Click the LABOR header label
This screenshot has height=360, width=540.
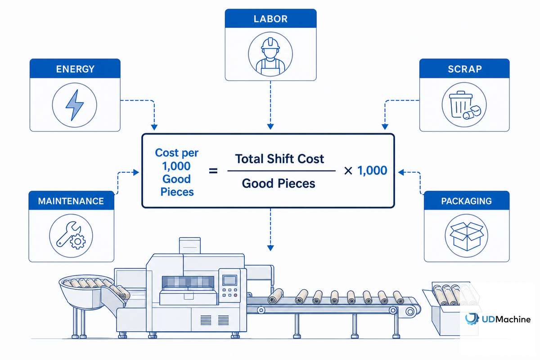point(270,19)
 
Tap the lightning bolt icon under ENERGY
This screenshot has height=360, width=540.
point(75,105)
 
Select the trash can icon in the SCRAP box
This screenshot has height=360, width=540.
point(461,104)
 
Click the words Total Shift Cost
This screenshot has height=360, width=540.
point(279,159)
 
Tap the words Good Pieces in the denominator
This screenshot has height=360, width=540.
point(279,183)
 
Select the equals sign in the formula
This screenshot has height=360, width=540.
point(213,171)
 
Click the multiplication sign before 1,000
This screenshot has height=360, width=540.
point(348,171)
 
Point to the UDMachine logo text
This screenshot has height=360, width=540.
point(506,319)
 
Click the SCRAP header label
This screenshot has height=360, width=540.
point(465,69)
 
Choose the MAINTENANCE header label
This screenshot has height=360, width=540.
point(71,201)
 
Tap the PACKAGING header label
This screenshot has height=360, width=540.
point(467,201)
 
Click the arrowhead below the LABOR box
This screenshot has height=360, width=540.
point(270,126)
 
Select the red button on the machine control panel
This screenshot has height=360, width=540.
point(235,295)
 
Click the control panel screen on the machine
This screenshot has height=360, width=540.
point(230,280)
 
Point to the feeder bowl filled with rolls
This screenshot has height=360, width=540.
point(86,292)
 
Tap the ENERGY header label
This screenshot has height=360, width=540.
point(75,69)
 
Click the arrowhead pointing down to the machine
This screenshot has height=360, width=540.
point(270,248)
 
